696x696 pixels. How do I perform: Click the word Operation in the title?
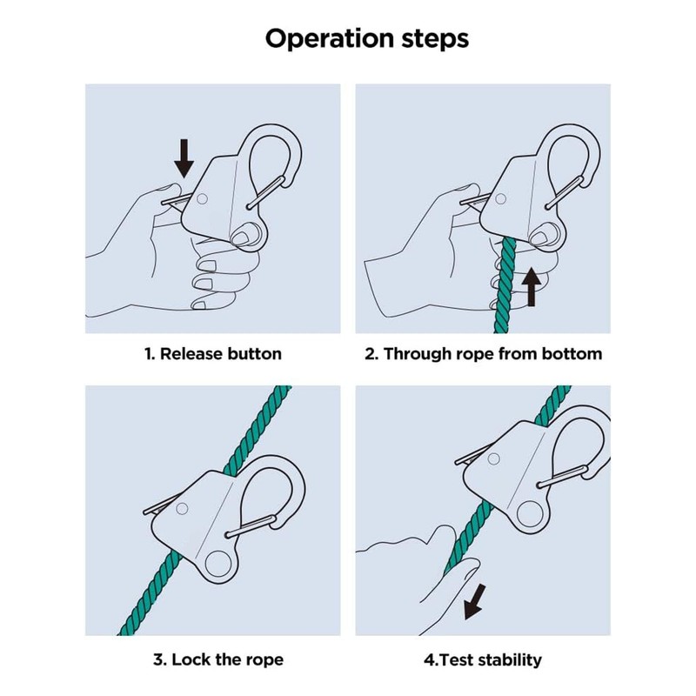pyautogui.click(x=330, y=39)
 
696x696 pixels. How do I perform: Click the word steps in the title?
pyautogui.click(x=436, y=40)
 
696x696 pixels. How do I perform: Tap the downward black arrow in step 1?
pyautogui.click(x=184, y=158)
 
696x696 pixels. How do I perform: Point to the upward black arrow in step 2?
pyautogui.click(x=531, y=286)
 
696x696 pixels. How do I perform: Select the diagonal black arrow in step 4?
pyautogui.click(x=474, y=602)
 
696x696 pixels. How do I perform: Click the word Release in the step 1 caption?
pyautogui.click(x=191, y=354)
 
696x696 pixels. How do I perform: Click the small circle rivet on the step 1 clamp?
pyautogui.click(x=202, y=198)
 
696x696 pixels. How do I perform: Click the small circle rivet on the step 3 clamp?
pyautogui.click(x=182, y=509)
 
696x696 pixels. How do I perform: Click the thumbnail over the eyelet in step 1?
pyautogui.click(x=242, y=236)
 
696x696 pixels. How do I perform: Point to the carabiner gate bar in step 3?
pyautogui.click(x=250, y=525)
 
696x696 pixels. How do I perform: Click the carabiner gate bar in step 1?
pyautogui.click(x=265, y=192)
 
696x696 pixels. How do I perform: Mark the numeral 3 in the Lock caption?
pyautogui.click(x=158, y=659)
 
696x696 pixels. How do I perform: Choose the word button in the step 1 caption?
pyautogui.click(x=254, y=354)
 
